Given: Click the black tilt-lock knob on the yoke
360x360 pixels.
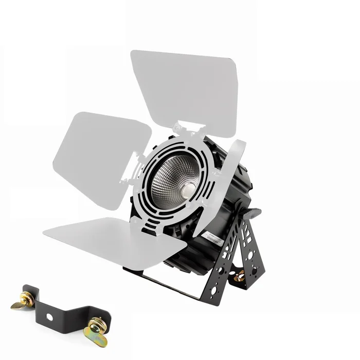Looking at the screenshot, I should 251,211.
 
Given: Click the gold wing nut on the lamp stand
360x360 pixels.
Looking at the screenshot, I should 239,277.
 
